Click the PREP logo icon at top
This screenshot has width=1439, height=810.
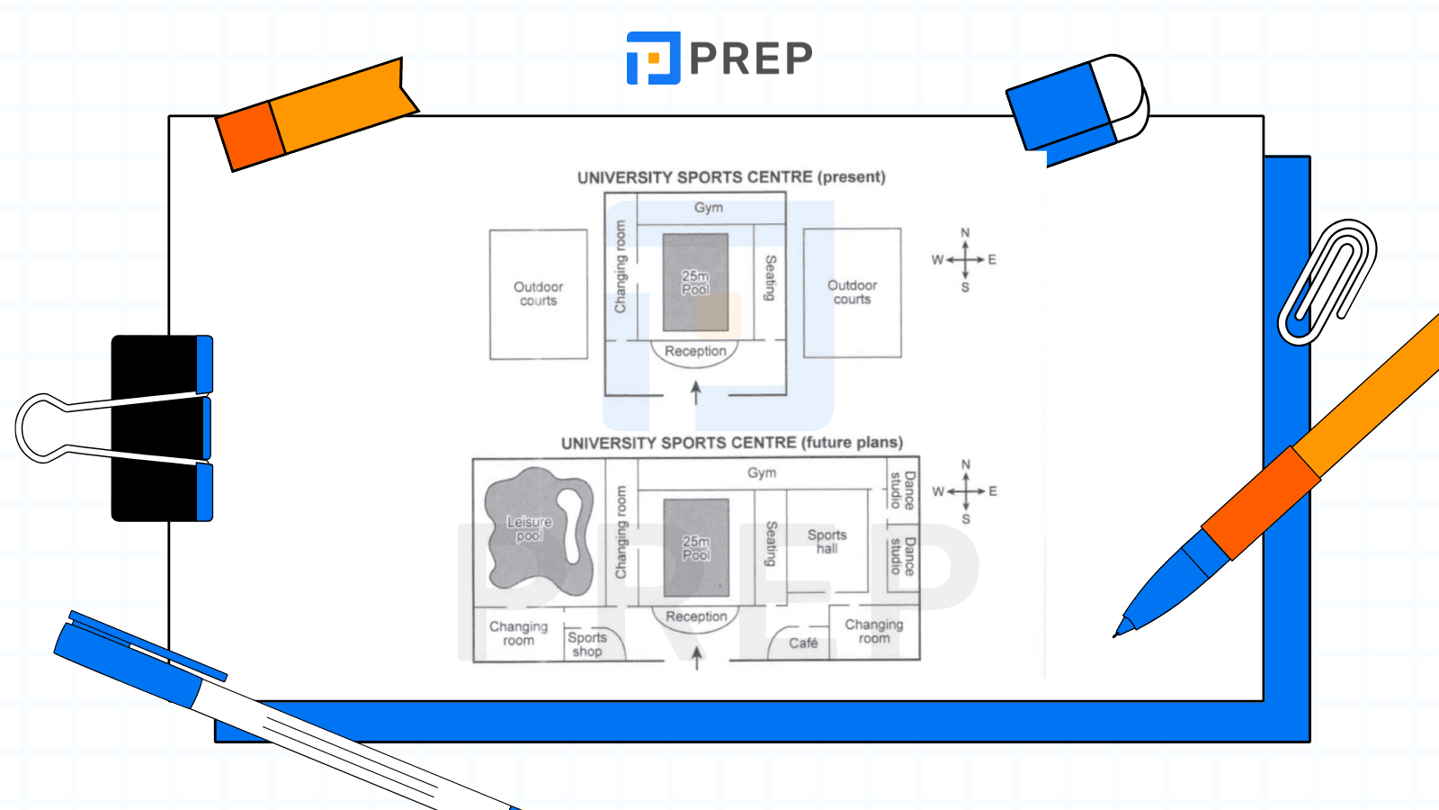pyautogui.click(x=653, y=58)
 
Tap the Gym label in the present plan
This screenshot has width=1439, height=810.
pyautogui.click(x=709, y=208)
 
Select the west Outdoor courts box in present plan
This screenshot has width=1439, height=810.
pyautogui.click(x=538, y=294)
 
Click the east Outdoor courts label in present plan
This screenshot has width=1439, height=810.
pyautogui.click(x=852, y=292)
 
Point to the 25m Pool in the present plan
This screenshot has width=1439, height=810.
pyautogui.click(x=695, y=283)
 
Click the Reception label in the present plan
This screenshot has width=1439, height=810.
pyautogui.click(x=695, y=351)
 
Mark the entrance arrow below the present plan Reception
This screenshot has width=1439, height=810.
pyautogui.click(x=695, y=392)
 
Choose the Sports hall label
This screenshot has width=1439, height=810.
pyautogui.click(x=827, y=542)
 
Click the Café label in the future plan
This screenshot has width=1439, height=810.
pyautogui.click(x=803, y=643)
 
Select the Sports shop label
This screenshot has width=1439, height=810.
pyautogui.click(x=587, y=644)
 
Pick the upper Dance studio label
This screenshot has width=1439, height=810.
pyautogui.click(x=902, y=490)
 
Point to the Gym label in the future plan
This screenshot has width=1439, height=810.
pyautogui.click(x=762, y=472)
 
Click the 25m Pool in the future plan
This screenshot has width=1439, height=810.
pyautogui.click(x=696, y=548)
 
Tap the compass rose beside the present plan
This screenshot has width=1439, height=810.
pyautogui.click(x=965, y=260)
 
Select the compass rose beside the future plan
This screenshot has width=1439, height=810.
pyautogui.click(x=966, y=492)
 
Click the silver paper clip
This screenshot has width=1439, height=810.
pyautogui.click(x=1327, y=282)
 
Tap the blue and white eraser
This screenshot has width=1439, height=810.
pyautogui.click(x=1077, y=105)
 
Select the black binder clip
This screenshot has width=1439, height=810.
pyautogui.click(x=162, y=428)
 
